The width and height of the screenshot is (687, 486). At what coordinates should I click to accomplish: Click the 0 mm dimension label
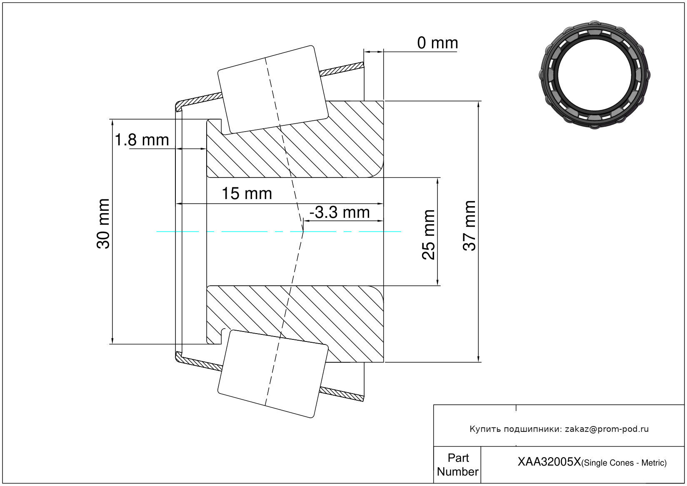[437, 43]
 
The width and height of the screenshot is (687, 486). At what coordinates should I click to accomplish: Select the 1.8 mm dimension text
[142, 140]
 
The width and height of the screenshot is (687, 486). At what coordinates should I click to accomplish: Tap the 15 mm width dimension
[247, 194]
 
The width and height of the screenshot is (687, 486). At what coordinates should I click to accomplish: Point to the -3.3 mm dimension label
[340, 212]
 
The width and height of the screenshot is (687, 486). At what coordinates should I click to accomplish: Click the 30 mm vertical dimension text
[103, 224]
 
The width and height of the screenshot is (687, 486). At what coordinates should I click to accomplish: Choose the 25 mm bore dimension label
[428, 235]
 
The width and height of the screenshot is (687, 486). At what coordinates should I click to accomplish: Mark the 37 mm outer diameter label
[470, 226]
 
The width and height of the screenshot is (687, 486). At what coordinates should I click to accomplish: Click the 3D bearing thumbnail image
[595, 75]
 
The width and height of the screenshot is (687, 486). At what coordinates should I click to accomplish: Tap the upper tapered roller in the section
[273, 89]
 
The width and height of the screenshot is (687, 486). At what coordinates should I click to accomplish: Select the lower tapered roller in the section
[273, 374]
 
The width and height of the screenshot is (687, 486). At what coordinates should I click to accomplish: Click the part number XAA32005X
[549, 462]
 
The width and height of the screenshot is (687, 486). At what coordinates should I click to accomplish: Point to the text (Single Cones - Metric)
[624, 463]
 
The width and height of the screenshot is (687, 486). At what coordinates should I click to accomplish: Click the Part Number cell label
[458, 465]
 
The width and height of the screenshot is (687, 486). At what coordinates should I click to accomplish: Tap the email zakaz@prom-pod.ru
[607, 429]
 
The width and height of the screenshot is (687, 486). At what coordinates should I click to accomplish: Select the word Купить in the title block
[485, 429]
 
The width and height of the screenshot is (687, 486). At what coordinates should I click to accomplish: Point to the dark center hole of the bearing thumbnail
[595, 75]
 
